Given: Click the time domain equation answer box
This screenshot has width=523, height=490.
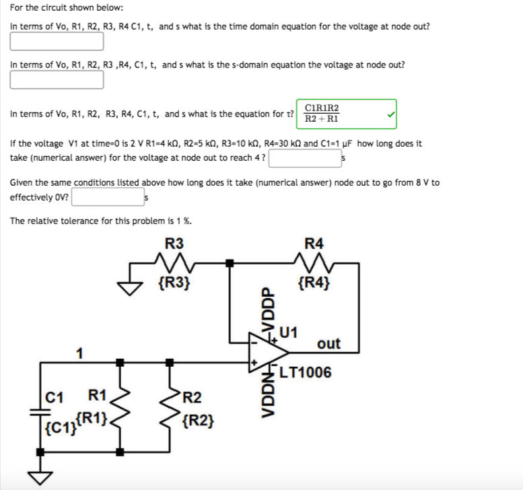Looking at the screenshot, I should tap(57, 42).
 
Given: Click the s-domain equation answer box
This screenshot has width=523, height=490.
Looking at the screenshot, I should tap(57, 80).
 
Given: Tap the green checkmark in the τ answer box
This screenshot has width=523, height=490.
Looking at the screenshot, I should tap(389, 114).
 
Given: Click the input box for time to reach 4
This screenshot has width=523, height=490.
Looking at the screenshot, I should tap(305, 159).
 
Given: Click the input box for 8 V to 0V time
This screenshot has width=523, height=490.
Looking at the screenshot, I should tap(107, 197).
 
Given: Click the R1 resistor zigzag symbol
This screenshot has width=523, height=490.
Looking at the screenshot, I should tap(120, 411).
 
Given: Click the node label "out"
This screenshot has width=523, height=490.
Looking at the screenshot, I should tap(328, 344).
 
